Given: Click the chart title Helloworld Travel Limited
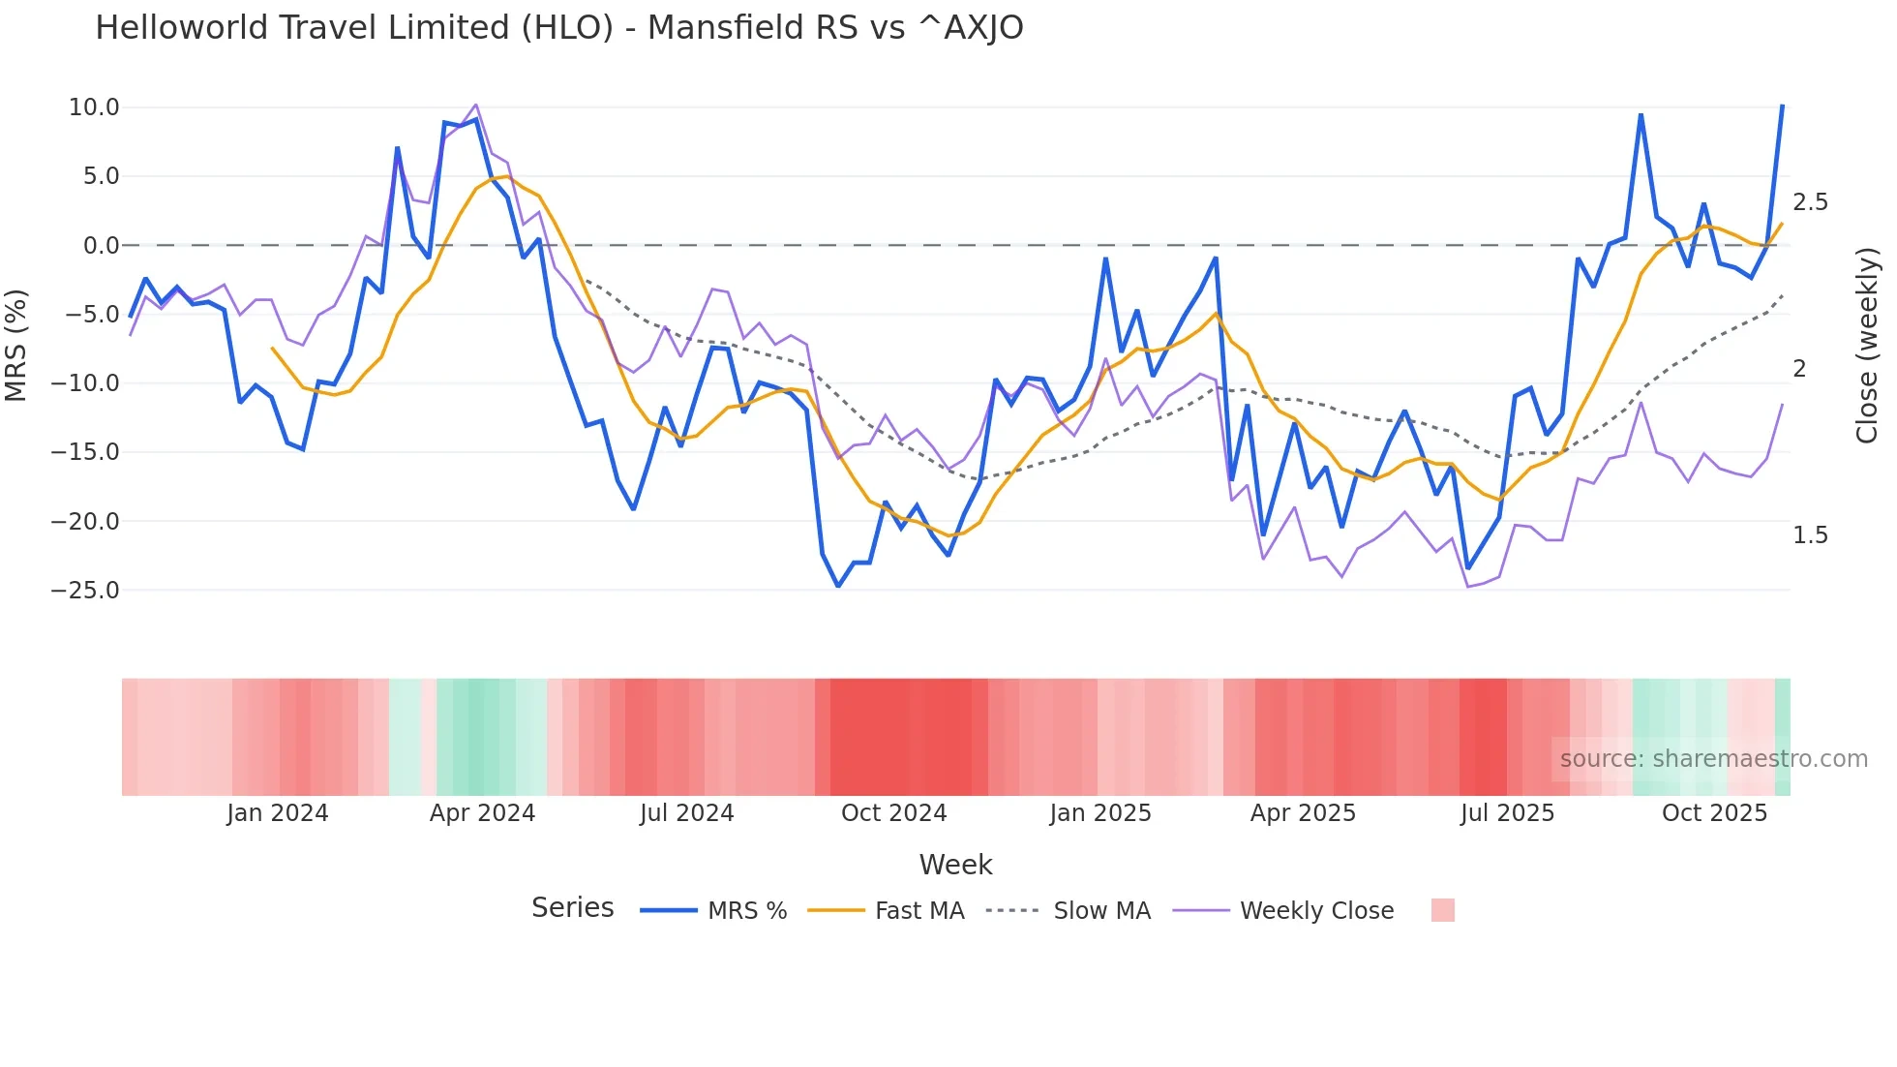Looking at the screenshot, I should (x=558, y=28).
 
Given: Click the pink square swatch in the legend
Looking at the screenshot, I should (x=1442, y=910).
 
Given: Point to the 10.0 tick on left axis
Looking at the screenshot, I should (x=94, y=107).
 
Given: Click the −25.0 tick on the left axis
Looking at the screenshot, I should (x=85, y=591).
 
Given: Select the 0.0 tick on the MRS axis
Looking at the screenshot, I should (x=101, y=246).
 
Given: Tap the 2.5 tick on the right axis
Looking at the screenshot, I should (x=1810, y=202).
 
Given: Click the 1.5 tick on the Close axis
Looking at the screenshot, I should (x=1810, y=535).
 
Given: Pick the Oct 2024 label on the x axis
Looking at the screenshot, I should (x=893, y=813).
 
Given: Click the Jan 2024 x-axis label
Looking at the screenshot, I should (x=278, y=813).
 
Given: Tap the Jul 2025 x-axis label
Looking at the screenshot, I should (x=1507, y=813).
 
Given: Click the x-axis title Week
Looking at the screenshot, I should (x=955, y=865).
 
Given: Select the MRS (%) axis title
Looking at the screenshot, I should (x=16, y=345).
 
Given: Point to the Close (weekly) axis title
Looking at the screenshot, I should (x=1867, y=346).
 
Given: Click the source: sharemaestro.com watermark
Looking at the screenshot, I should (x=1713, y=759).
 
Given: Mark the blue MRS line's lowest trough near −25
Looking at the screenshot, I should (x=838, y=586).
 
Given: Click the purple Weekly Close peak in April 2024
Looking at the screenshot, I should (x=475, y=105).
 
